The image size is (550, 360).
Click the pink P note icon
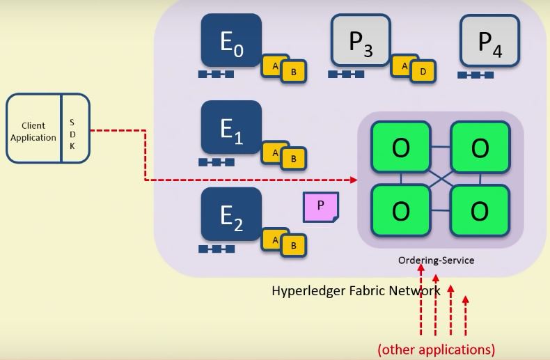(x=320, y=207)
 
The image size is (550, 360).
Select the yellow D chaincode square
(x=423, y=70)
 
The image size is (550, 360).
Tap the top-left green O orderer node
(x=400, y=148)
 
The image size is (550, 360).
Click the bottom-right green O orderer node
(x=480, y=210)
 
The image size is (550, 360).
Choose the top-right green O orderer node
(x=480, y=148)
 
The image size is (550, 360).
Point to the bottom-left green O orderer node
(x=400, y=210)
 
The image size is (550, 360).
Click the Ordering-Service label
(x=436, y=260)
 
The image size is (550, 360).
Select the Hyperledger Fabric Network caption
(x=356, y=290)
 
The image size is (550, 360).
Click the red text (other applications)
(x=436, y=349)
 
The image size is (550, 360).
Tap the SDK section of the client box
(x=74, y=128)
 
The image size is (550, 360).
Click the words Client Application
(x=33, y=132)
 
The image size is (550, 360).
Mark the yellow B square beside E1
(x=293, y=159)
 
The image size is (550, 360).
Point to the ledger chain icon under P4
(x=476, y=75)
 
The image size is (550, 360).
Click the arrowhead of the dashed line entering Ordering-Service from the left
(x=354, y=180)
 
